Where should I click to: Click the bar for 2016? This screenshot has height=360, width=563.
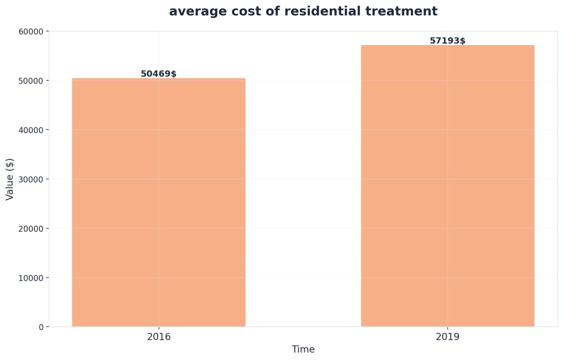click(159, 202)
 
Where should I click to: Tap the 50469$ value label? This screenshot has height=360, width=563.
click(159, 74)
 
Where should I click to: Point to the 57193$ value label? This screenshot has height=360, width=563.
click(448, 41)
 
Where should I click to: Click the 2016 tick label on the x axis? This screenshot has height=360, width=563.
click(159, 337)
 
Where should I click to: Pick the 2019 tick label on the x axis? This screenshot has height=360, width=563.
click(448, 337)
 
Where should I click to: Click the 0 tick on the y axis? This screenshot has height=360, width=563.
click(41, 327)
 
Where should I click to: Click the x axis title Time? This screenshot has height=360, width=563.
click(303, 350)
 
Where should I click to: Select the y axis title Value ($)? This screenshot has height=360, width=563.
click(10, 179)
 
